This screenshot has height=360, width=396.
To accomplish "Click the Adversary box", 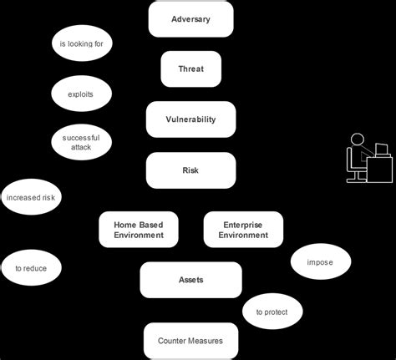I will point(190,19).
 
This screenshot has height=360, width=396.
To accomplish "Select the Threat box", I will point(190,69).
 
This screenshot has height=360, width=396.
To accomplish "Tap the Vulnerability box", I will point(190,119).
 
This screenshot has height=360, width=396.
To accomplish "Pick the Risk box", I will point(190,170).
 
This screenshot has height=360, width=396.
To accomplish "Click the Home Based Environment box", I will point(139,230).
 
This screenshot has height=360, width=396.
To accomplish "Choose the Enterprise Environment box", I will point(243,230).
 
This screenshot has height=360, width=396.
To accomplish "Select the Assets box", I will point(190,280).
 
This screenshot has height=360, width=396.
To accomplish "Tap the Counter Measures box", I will point(190,341).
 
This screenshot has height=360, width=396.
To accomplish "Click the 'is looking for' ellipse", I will point(81,43).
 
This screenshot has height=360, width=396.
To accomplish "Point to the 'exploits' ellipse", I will point(81,94).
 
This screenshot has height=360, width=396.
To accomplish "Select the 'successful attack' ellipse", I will point(81,141).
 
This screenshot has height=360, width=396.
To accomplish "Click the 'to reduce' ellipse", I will point(32,268).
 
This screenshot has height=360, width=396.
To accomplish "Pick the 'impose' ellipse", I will point(320,262).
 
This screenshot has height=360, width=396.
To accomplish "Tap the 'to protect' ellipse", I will point(272,312).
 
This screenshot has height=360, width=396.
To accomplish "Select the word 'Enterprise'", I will point(243,224).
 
